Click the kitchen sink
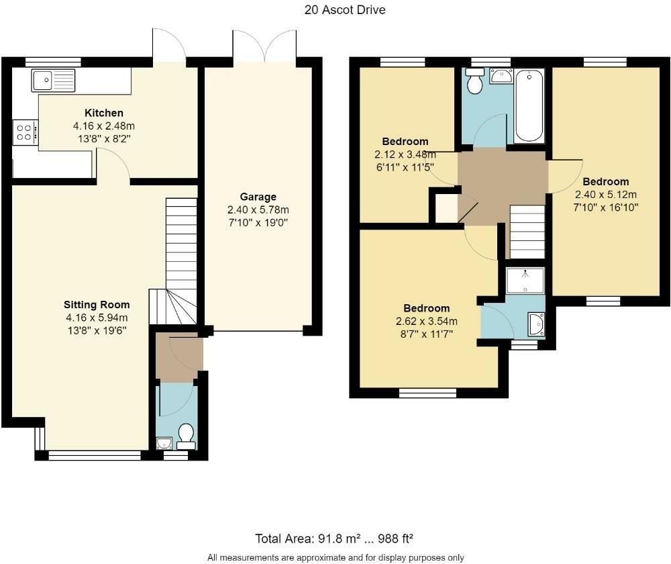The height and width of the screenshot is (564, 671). [53, 81]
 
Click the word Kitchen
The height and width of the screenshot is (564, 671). [104, 113]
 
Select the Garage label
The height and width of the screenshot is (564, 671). [258, 197]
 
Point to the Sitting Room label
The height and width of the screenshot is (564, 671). [97, 305]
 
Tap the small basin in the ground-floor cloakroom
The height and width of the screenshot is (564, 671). [164, 443]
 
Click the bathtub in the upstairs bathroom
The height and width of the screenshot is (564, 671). [529, 106]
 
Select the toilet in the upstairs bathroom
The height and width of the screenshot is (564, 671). [474, 81]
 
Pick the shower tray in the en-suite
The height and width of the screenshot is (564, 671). [525, 281]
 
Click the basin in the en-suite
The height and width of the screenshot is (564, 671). [536, 324]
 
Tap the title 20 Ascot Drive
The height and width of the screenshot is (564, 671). [345, 10]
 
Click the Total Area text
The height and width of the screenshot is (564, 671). [334, 538]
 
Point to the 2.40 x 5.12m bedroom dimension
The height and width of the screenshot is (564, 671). [605, 195]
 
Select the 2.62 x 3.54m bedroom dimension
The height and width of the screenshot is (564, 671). [427, 321]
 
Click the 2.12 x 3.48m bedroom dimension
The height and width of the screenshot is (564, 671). [405, 154]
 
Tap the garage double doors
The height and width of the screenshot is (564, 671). [264, 46]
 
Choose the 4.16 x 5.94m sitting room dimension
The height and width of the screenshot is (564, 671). [97, 318]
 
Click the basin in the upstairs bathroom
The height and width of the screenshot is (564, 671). [501, 76]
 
